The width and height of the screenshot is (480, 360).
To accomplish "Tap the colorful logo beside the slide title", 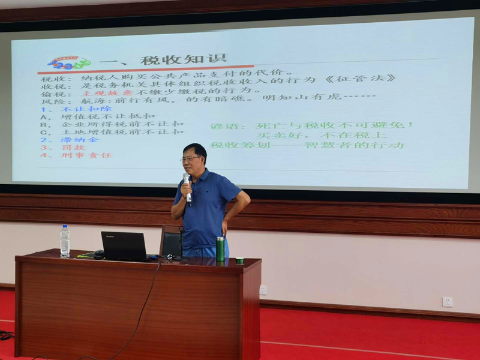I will point(69,63).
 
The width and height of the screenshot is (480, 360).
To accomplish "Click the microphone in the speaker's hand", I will point(187,187).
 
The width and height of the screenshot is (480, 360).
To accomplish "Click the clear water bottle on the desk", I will point(65,241).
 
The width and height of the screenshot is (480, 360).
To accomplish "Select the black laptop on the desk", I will point(124,245).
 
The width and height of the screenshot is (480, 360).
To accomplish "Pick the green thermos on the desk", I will point(220,248).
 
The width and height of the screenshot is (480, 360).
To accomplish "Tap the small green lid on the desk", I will point(239,260).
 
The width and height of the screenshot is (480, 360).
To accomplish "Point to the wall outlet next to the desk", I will point(263,290).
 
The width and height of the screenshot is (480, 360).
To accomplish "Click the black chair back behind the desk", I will point(172,242).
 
